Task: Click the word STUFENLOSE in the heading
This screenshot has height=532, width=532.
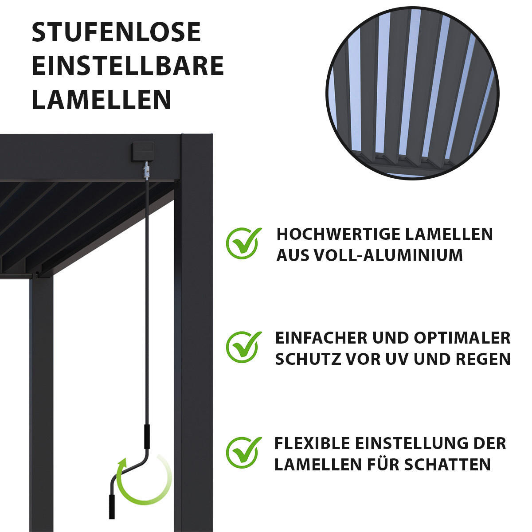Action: tap(116, 32)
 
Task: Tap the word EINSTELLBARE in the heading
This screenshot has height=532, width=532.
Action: tap(128, 66)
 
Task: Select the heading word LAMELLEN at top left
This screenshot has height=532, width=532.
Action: tap(102, 100)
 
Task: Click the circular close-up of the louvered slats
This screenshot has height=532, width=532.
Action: tap(413, 93)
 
